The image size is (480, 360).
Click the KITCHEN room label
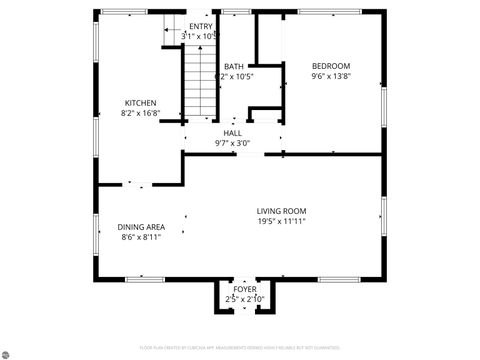pos(140,103)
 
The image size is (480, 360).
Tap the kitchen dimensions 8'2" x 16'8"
pos(140,114)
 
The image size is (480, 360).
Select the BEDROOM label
pos(331,66)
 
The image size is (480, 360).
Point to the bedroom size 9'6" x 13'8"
pos(331,77)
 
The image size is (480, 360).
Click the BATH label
pos(233,66)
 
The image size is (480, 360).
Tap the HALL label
pos(232,132)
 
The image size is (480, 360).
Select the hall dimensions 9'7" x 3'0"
pos(232,143)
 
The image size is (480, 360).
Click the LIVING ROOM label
pos(281,211)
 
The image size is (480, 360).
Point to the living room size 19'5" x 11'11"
pos(281,222)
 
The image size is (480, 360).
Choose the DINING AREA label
pos(141,227)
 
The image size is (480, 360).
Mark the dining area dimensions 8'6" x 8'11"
pos(141,238)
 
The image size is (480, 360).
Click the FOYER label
pos(244,288)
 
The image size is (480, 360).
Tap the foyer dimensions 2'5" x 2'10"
pos(244,299)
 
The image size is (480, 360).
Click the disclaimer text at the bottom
pos(239,348)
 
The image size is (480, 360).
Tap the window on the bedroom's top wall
pos(329,12)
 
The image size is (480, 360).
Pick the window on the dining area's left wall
pos(97,231)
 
